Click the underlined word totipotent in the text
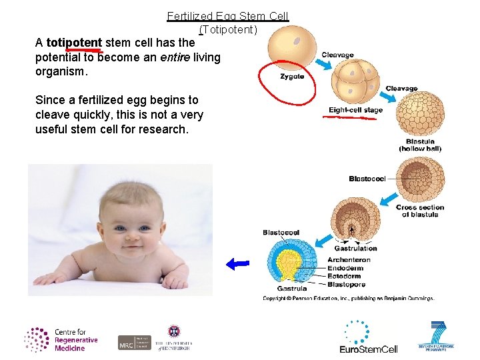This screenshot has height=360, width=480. pos(74,43)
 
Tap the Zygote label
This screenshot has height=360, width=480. pos(292,77)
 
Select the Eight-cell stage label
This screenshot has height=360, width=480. pos(355,110)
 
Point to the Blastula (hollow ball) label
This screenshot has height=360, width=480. pos(420,145)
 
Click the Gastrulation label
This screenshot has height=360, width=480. pos(355,248)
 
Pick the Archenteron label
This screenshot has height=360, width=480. pos(350,260)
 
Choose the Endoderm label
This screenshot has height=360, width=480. pos(347,268)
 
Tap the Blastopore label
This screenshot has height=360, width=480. pos(347,284)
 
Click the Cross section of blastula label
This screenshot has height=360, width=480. pos(419,211)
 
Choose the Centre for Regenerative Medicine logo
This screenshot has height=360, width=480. pos(61,339)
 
